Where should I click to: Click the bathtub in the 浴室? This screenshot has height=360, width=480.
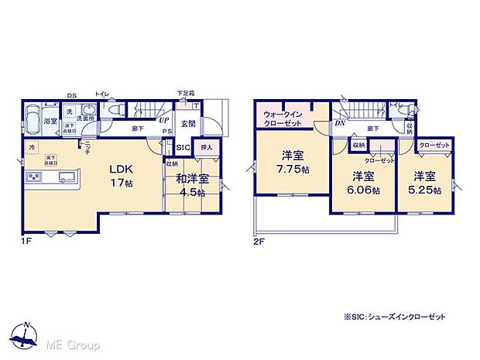click(x=34, y=121)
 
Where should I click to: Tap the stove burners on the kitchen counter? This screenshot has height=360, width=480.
click(x=36, y=178)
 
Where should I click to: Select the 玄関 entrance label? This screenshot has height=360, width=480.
click(x=188, y=123)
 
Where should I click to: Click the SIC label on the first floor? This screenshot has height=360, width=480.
click(x=183, y=147)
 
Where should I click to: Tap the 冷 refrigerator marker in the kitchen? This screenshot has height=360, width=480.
click(x=32, y=147)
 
